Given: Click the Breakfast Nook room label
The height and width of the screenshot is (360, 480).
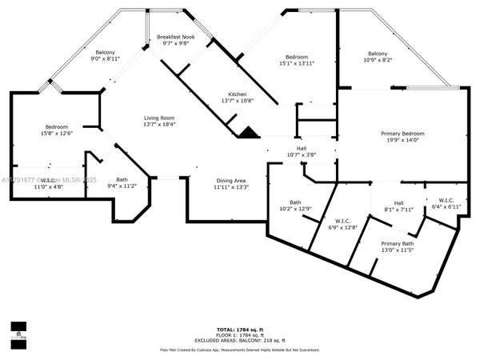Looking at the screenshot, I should click(x=175, y=38).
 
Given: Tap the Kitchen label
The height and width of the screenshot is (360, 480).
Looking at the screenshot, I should click(x=237, y=94).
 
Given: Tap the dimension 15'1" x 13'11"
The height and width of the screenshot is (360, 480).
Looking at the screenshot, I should click(x=297, y=63).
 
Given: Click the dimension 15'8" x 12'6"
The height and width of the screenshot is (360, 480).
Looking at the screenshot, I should click(x=56, y=134).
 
